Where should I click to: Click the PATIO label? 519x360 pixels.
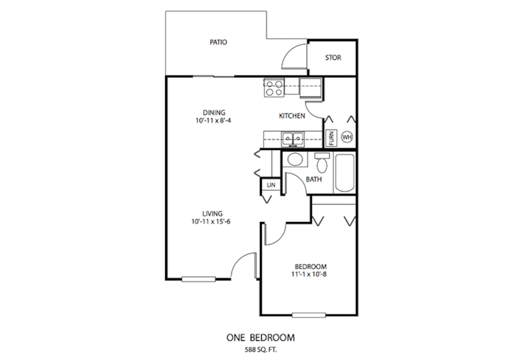(219, 43)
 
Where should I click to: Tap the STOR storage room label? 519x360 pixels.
(333, 58)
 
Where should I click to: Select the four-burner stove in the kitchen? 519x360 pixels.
(274, 88)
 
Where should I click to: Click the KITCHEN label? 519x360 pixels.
(292, 116)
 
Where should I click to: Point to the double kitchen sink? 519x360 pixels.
(293, 139)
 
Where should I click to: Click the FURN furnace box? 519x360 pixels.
(332, 137)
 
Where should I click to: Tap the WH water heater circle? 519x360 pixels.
(347, 137)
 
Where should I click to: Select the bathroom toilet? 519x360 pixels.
(322, 162)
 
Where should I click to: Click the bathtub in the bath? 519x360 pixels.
(345, 173)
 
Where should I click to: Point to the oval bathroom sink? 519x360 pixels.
(295, 159)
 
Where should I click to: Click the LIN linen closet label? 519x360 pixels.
(271, 185)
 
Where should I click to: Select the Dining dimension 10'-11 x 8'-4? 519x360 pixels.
(213, 121)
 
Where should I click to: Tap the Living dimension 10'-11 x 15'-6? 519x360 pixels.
(211, 222)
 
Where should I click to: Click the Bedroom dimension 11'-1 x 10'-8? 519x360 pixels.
(309, 275)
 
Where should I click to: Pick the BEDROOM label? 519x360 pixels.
(310, 266)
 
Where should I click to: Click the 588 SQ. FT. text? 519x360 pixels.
(261, 349)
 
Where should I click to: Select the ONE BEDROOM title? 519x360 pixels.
(261, 337)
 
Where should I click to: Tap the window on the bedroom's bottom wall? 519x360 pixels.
(309, 315)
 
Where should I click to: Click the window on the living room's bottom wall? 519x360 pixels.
(199, 280)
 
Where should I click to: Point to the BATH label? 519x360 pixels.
(314, 179)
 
